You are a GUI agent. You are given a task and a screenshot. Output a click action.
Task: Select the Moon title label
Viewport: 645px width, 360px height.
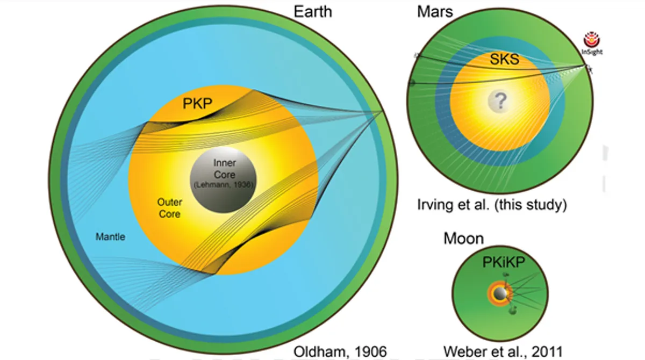click(x=463, y=238)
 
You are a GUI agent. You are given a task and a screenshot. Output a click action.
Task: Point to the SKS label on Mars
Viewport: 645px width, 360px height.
click(x=504, y=59)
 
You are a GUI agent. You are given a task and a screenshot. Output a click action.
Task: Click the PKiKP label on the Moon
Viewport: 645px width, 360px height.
click(x=503, y=263)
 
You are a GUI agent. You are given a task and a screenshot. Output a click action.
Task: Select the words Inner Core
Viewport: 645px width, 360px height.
click(x=224, y=169)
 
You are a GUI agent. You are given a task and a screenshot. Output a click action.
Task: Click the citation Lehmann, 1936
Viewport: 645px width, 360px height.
click(x=223, y=185)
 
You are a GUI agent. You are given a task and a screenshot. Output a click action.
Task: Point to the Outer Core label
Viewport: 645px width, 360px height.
click(x=169, y=208)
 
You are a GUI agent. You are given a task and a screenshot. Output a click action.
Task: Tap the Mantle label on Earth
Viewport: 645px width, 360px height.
click(x=110, y=236)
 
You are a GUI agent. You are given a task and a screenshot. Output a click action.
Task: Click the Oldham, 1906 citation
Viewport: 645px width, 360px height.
click(x=340, y=351)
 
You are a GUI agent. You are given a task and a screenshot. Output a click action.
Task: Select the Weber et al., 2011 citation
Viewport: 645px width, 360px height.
click(x=503, y=351)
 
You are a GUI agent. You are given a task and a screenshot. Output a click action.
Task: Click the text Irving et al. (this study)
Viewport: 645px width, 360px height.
click(x=492, y=205)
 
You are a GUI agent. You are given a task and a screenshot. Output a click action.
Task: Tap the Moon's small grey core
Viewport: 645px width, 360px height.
click(x=499, y=293)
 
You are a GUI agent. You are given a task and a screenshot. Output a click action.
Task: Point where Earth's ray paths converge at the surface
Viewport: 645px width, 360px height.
click(x=383, y=111)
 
